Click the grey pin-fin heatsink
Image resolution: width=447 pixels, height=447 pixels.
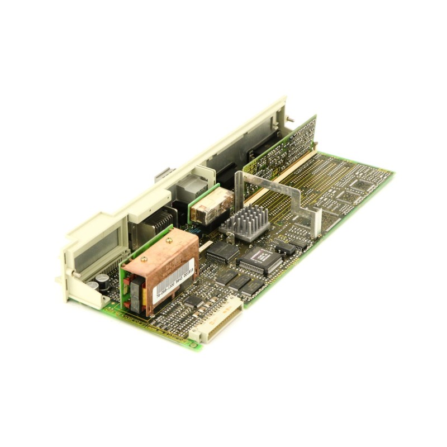point(244,221)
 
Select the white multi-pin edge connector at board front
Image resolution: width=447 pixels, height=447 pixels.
point(218,319)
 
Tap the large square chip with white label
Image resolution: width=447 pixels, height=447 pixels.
point(260,260)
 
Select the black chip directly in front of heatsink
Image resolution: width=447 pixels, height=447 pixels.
point(223,251)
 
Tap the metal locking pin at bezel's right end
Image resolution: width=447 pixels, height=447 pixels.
point(291,118)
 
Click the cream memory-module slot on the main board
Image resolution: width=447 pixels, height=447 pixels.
point(279,179)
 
